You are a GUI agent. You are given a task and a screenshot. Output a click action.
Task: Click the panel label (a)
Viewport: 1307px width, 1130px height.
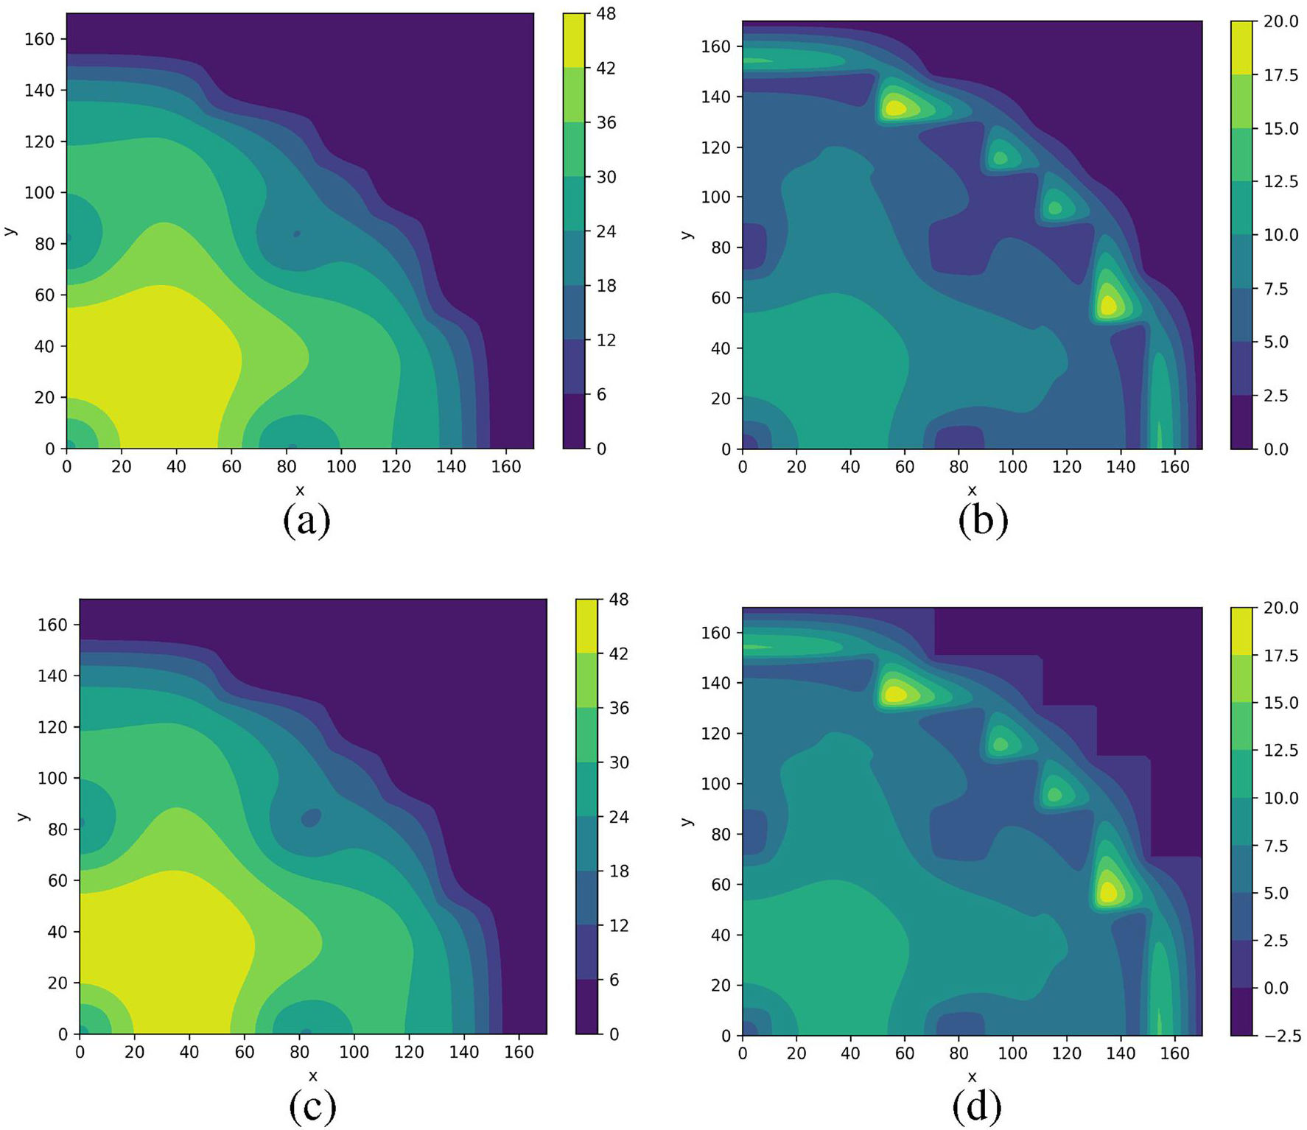(x=306, y=521)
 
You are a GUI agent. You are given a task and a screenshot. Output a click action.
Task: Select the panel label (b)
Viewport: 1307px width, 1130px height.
(x=983, y=521)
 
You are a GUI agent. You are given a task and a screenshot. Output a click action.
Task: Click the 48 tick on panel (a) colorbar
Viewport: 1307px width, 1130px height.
(x=606, y=14)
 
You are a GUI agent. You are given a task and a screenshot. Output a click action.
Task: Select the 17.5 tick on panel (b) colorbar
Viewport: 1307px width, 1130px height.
(x=1281, y=75)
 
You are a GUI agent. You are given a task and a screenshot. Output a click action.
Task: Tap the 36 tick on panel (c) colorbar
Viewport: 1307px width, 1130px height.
(x=620, y=708)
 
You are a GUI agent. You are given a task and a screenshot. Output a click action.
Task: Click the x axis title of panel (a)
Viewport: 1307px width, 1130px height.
(x=300, y=491)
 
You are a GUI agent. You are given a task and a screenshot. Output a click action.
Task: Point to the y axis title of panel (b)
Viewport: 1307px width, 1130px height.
(x=687, y=235)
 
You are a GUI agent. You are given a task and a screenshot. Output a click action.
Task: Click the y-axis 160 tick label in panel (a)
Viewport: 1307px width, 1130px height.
(x=40, y=39)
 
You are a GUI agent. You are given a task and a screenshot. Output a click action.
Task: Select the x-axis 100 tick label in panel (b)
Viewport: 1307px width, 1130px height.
(x=1012, y=467)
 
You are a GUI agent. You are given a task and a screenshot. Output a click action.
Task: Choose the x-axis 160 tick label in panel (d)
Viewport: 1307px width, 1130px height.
(x=1175, y=1053)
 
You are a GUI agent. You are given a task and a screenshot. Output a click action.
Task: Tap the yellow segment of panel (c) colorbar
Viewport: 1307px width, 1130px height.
(x=587, y=626)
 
